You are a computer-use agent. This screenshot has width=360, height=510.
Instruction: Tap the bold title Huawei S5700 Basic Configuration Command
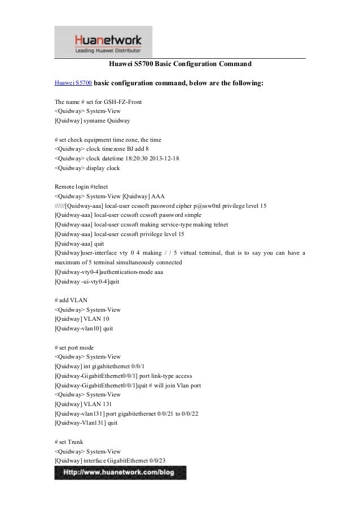[179, 64]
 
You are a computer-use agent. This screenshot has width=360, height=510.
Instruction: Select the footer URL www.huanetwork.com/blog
[120, 472]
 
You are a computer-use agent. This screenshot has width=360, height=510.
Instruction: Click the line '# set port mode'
[75, 347]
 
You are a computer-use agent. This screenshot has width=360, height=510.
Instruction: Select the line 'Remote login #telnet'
[82, 186]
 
